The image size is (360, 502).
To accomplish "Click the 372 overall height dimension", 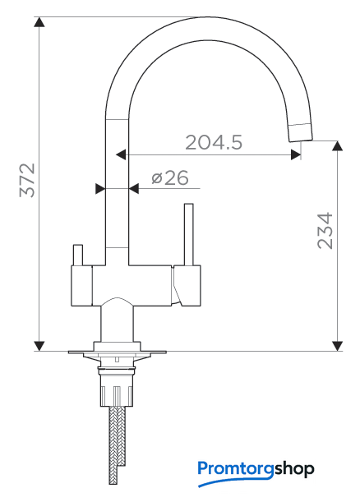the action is click(x=27, y=180).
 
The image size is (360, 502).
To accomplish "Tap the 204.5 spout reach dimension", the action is click(x=214, y=142).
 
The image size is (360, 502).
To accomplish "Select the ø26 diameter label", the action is click(x=170, y=177).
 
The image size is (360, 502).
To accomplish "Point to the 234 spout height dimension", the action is click(x=325, y=231).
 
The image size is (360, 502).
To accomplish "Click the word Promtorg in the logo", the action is click(x=236, y=469).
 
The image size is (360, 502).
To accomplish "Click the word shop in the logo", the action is click(x=294, y=469).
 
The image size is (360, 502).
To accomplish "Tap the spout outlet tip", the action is click(x=301, y=132).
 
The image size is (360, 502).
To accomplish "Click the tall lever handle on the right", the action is click(x=189, y=234).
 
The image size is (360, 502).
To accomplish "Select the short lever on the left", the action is click(x=78, y=256).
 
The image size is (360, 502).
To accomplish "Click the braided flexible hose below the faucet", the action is click(x=117, y=445).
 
